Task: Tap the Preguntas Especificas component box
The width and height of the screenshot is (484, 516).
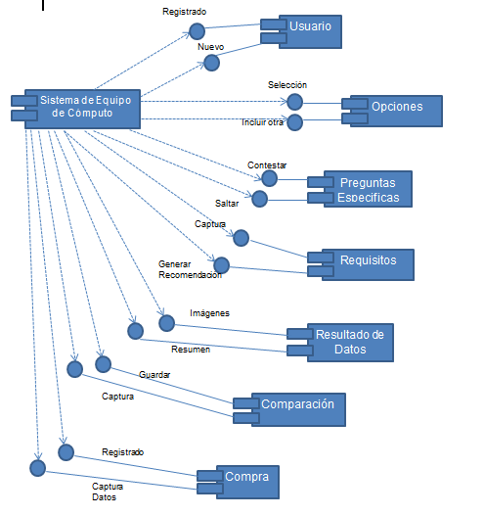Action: click(368, 189)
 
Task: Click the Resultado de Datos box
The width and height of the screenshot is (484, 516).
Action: click(348, 342)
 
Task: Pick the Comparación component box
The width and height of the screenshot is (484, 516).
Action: click(297, 408)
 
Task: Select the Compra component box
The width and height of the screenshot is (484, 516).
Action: click(246, 481)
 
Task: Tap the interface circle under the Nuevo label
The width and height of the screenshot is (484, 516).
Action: click(211, 63)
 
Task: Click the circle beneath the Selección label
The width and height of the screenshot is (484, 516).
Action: click(294, 102)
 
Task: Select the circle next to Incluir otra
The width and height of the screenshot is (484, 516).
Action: click(294, 122)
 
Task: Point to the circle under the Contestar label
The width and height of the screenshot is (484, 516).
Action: click(269, 178)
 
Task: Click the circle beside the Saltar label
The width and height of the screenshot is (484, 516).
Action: click(259, 199)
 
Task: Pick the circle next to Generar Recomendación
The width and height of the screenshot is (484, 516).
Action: click(221, 264)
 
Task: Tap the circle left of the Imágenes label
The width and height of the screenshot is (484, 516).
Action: click(166, 322)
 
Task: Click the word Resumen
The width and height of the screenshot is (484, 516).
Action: click(191, 350)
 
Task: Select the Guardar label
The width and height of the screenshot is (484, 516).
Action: click(155, 375)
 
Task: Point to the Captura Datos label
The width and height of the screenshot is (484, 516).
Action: click(108, 492)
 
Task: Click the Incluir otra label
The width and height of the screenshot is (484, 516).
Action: click(262, 123)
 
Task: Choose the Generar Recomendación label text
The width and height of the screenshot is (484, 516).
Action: click(189, 269)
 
